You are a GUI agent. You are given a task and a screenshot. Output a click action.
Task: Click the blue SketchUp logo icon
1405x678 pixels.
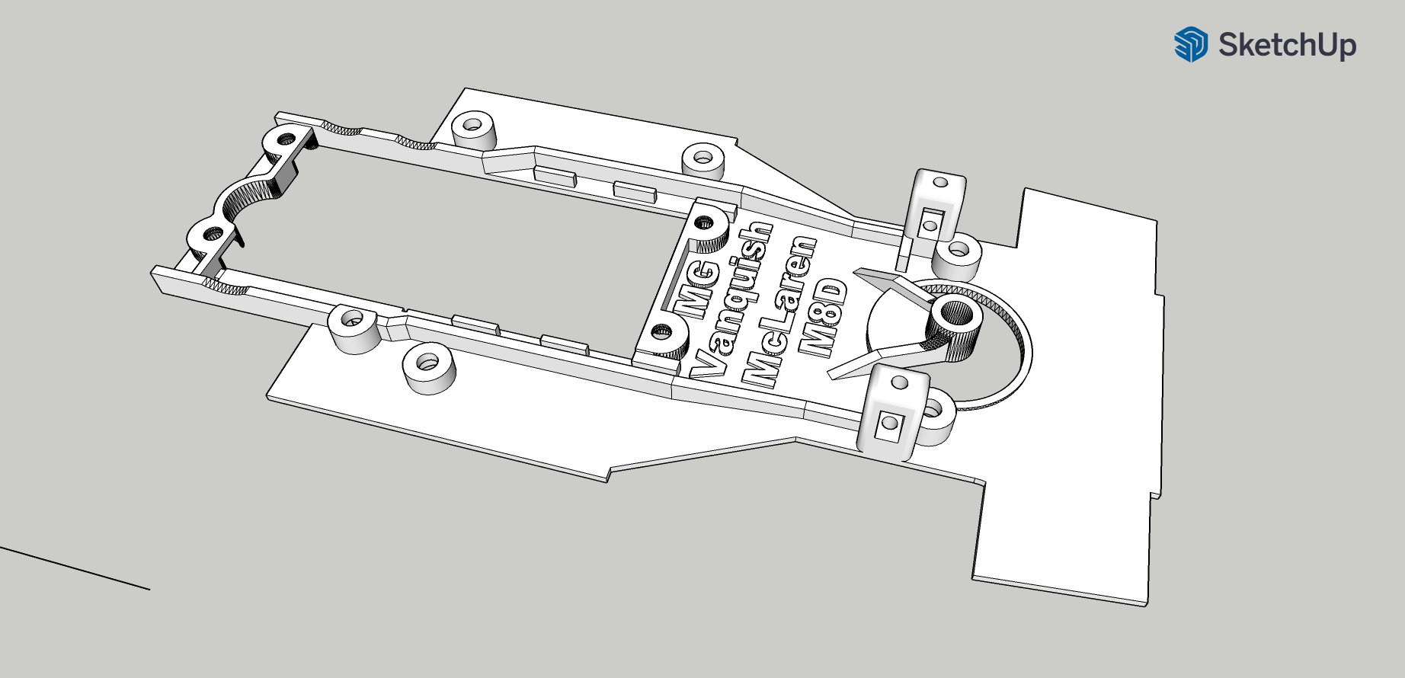[1190, 44]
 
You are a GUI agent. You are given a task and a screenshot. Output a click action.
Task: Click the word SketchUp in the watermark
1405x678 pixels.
[1287, 45]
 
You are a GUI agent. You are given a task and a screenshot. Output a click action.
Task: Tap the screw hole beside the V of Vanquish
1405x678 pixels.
[661, 332]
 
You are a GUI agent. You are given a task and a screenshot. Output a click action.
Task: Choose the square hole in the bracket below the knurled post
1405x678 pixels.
[888, 424]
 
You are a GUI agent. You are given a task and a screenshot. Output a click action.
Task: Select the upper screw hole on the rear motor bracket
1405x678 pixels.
[286, 139]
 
